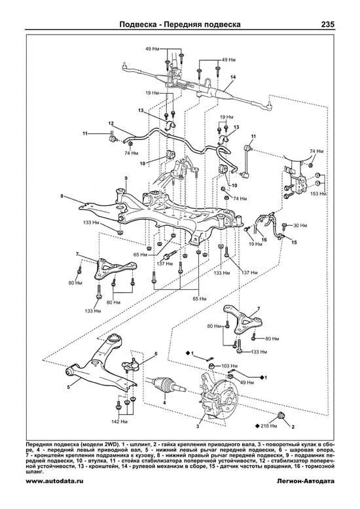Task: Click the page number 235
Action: pyautogui.click(x=327, y=24)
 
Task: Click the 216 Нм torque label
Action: pyautogui.click(x=269, y=426)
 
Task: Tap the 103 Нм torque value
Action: pyautogui.click(x=229, y=366)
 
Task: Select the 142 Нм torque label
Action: pyautogui.click(x=120, y=422)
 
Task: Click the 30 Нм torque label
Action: pyautogui.click(x=300, y=225)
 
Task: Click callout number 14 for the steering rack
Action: pyautogui.click(x=232, y=77)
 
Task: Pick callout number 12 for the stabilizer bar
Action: pyautogui.click(x=111, y=124)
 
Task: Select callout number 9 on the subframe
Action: pyautogui.click(x=126, y=178)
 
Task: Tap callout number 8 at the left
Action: pyautogui.click(x=62, y=196)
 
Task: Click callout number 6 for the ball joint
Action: pyautogui.click(x=156, y=353)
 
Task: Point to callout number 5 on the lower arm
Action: pyautogui.click(x=68, y=387)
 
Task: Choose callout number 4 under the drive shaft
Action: pyautogui.click(x=164, y=403)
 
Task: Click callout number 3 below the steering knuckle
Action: pyautogui.click(x=198, y=426)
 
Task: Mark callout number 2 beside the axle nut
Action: pyautogui.click(x=293, y=427)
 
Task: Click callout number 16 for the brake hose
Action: pyautogui.click(x=264, y=239)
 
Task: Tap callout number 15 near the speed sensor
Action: pyautogui.click(x=294, y=242)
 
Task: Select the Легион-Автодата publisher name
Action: pyautogui.click(x=304, y=481)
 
